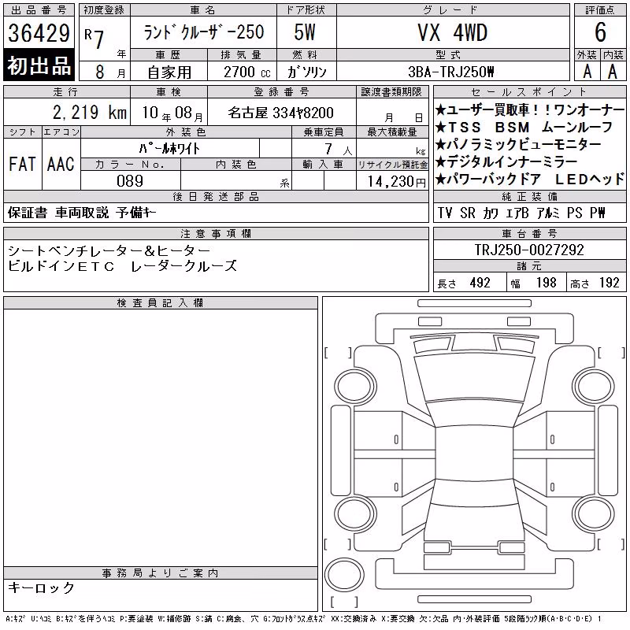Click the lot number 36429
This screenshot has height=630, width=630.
[x=39, y=32]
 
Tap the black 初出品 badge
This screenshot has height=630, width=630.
[x=39, y=65]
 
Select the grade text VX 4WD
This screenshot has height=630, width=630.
[x=452, y=32]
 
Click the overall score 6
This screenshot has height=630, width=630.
[x=600, y=32]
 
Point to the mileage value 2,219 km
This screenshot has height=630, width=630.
[x=90, y=113]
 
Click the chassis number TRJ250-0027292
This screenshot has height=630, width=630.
[x=529, y=250]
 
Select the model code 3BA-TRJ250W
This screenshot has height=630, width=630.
[x=450, y=72]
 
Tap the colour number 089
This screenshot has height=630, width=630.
[x=130, y=181]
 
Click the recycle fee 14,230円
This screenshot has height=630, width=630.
[x=397, y=182]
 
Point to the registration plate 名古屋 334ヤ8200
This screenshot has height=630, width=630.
[x=280, y=113]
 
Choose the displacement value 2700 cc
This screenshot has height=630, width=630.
[x=247, y=72]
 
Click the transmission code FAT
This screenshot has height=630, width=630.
[x=22, y=164]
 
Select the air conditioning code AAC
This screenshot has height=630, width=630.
[x=61, y=164]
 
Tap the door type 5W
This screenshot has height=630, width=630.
[x=305, y=32]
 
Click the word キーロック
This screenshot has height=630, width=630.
[x=42, y=587]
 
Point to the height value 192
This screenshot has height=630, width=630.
[x=609, y=283]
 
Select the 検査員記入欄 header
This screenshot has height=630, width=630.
[x=160, y=303]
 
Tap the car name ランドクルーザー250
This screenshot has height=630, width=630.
[x=204, y=32]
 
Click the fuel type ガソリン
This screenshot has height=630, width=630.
[x=306, y=72]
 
